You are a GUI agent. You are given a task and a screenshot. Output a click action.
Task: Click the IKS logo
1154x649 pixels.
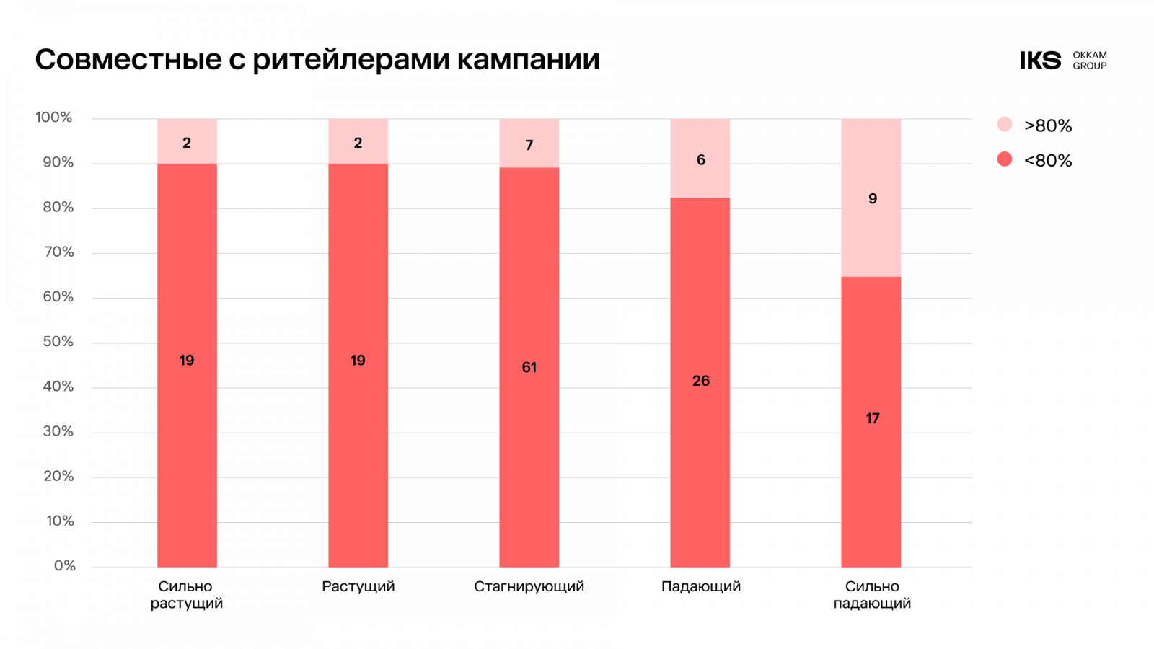[x=1040, y=61]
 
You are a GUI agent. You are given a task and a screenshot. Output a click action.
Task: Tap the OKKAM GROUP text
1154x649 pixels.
[x=1089, y=61]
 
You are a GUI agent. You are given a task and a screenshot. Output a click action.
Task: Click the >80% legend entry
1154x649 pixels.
[x=1036, y=125]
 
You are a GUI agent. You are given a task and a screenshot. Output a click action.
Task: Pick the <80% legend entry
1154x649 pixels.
[x=1036, y=160]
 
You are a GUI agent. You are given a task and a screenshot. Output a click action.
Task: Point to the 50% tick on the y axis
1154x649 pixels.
[x=58, y=342]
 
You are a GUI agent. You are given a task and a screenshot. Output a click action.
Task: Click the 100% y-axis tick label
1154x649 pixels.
[x=54, y=118]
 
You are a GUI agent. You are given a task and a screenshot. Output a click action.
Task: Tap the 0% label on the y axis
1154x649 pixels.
[x=65, y=566]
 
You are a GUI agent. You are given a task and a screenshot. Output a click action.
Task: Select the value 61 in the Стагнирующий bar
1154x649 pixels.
[x=529, y=368]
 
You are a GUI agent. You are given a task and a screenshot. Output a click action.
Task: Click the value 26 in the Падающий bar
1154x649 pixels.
[x=700, y=381]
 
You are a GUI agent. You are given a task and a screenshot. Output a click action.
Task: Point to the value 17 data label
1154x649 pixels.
[x=872, y=418]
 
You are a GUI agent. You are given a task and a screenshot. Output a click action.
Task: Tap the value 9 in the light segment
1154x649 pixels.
[x=872, y=198]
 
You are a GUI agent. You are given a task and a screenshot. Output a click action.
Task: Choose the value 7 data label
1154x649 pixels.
[x=529, y=145]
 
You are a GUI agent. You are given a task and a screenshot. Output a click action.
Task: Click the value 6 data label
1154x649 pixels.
[x=700, y=160]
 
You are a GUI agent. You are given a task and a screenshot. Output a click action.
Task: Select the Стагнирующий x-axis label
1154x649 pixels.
[x=529, y=587]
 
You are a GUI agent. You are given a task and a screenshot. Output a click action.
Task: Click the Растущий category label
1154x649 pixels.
[x=358, y=587]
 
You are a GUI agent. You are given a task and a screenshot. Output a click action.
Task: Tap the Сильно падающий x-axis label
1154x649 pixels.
[x=872, y=595]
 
